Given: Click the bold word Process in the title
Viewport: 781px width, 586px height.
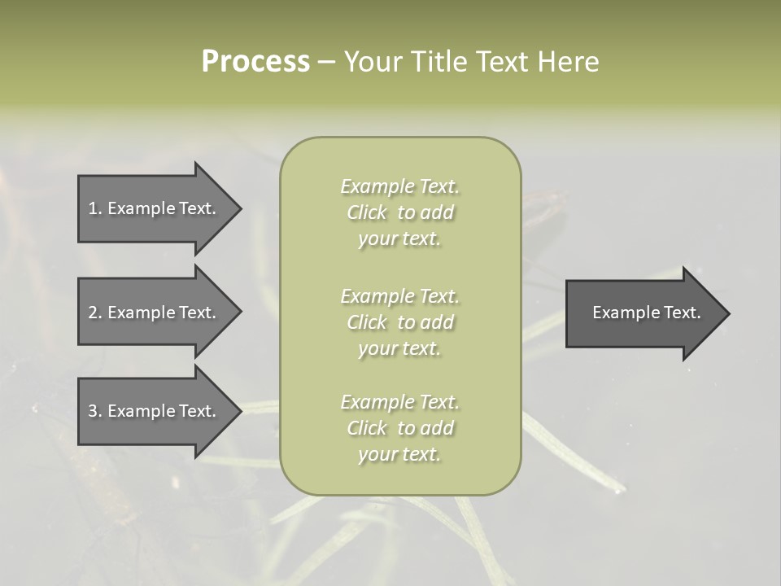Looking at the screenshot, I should click(255, 62).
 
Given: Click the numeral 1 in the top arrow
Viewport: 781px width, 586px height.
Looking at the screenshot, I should click(93, 208).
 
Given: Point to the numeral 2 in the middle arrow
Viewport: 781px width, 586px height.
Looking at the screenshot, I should click(93, 313).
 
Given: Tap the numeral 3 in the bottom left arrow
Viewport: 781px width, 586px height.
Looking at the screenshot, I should click(93, 411).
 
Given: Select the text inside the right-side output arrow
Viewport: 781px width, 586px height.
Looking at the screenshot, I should click(646, 313).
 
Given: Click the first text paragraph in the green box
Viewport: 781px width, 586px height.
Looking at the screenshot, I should click(399, 212).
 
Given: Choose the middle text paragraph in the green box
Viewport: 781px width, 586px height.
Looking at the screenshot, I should click(399, 322).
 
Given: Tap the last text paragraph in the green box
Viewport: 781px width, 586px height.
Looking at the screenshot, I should click(399, 428).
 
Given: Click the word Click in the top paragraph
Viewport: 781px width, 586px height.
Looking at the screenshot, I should click(367, 212).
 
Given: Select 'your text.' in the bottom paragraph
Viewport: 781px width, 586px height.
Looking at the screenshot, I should click(399, 454).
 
